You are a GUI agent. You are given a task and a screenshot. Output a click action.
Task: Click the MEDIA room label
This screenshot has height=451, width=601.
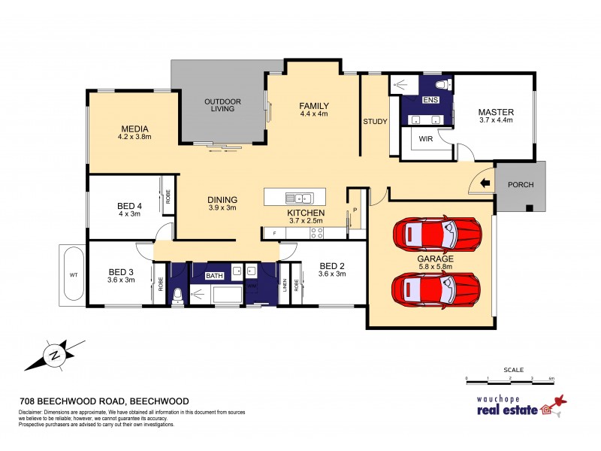pos(134,128)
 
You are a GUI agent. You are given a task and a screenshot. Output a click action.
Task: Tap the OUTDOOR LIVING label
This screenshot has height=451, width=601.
pos(223,104)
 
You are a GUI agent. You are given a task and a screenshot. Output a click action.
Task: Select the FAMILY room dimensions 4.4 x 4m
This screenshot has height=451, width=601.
pos(315,114)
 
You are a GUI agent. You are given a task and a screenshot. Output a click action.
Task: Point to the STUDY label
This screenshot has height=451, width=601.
pos(374,122)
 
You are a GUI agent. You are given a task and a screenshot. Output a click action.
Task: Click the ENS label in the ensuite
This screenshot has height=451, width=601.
pos(430,100)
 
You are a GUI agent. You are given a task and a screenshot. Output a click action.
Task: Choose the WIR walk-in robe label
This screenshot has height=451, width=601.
pos(425,139)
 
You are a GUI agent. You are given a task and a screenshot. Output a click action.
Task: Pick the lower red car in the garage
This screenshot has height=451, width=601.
pos(436,286)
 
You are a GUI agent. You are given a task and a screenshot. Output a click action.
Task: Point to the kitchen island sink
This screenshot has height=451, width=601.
pos(299,198)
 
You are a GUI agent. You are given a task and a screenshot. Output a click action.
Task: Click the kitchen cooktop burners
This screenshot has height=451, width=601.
pos(317,233)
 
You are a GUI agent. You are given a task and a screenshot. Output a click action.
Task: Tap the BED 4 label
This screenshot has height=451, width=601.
pos(129,206)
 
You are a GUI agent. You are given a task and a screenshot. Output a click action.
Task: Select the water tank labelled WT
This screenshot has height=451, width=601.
pos(74,274)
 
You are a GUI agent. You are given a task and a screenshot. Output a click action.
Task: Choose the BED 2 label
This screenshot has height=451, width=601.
pos(332,265)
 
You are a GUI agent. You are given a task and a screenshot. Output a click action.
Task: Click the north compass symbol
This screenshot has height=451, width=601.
pos(54,354)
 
